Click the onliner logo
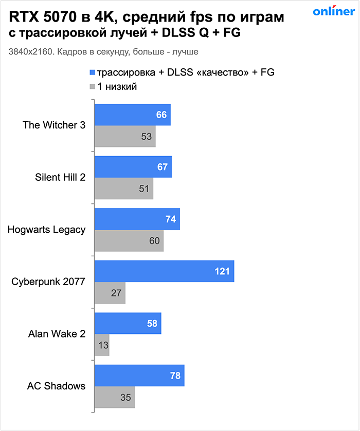point(333,12)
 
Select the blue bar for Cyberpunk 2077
point(164,271)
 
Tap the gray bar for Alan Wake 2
point(102,345)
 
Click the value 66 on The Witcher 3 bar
point(161,115)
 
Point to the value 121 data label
point(222,271)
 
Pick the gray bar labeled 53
point(125,136)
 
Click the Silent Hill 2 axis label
point(60,177)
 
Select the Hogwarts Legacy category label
point(46,230)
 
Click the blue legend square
point(93,72)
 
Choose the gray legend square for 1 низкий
point(93,87)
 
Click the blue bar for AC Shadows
point(139,376)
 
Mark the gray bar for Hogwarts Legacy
point(129,241)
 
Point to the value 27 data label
point(116,293)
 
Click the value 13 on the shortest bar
point(103,345)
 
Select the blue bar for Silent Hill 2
point(133,167)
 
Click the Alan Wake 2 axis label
point(57,334)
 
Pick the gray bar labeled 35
point(115,397)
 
